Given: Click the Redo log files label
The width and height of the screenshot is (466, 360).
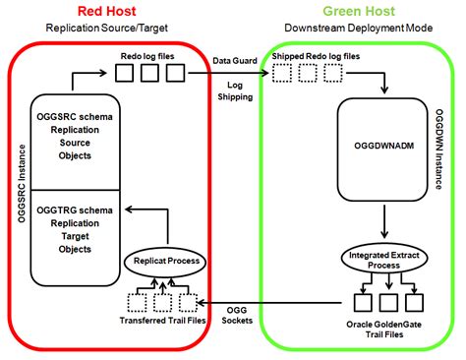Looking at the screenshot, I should [147, 58].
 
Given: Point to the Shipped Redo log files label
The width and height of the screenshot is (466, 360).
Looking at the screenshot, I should [319, 58].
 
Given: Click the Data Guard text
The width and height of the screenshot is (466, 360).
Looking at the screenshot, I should [234, 60].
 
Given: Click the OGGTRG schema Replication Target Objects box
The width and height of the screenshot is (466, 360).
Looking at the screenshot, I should [73, 232].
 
